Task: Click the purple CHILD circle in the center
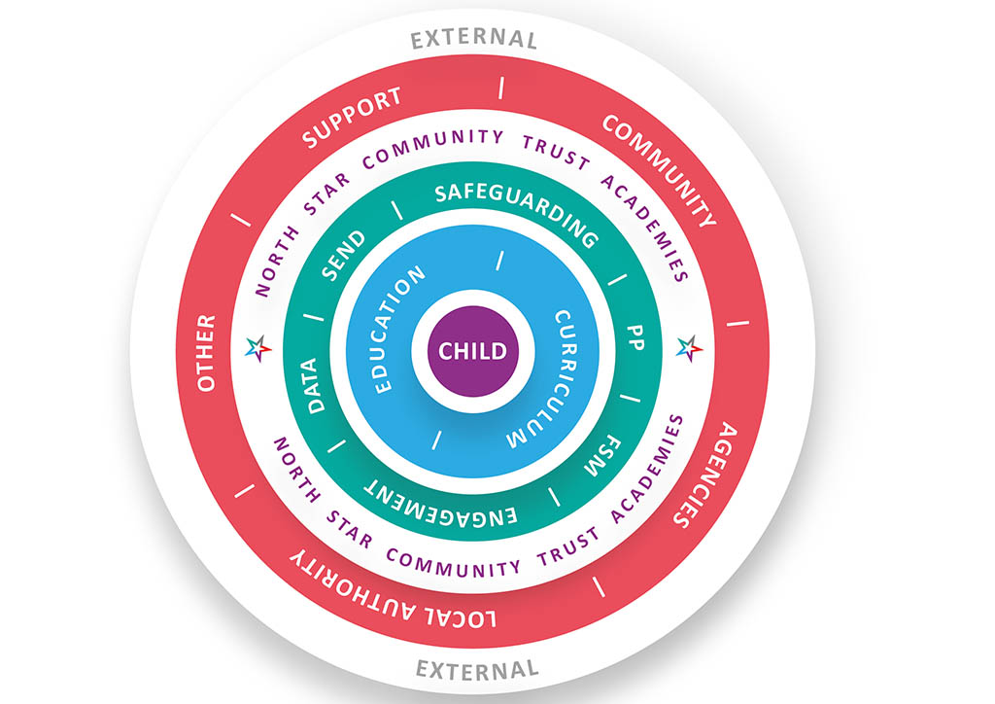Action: coord(473,350)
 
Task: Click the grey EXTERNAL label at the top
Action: coord(473,39)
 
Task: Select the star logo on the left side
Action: coord(258,347)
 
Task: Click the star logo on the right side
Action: coord(688,347)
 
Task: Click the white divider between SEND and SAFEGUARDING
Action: coord(396,210)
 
